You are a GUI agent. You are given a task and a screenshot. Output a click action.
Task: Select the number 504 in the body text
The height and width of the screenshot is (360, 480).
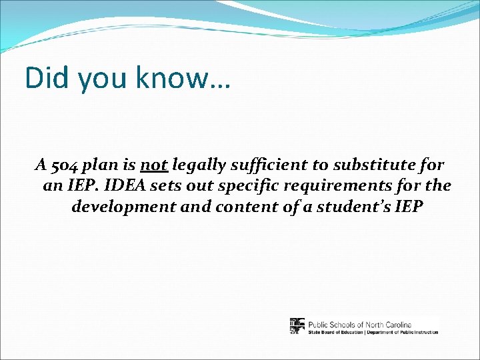click(65, 165)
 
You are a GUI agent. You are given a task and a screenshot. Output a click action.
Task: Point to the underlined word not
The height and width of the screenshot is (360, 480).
click(154, 165)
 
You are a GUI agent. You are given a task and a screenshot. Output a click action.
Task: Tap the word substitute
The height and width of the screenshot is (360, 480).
click(378, 165)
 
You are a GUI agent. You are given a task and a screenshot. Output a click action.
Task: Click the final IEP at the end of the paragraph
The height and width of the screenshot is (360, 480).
click(409, 206)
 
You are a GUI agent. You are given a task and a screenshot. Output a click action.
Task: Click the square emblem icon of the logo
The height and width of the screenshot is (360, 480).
click(297, 326)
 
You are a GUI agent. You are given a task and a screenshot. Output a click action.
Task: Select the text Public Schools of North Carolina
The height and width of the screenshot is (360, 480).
click(359, 324)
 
